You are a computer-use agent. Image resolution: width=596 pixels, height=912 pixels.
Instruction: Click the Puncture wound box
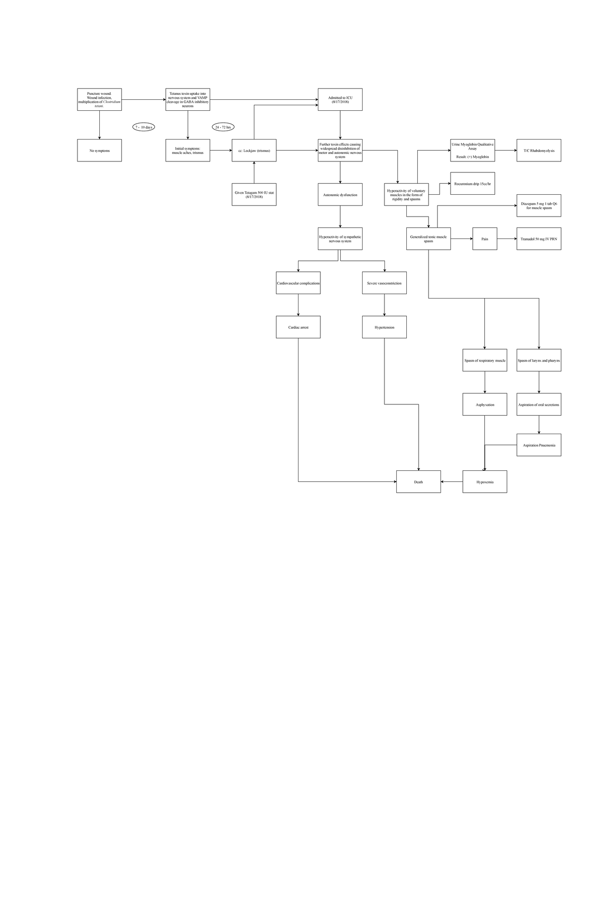pos(99,99)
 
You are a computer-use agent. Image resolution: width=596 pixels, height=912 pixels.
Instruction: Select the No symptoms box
pos(99,151)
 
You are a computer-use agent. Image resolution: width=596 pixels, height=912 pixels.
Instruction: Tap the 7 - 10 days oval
pos(144,127)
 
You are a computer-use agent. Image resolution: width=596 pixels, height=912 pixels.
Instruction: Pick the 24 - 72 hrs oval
pos(223,127)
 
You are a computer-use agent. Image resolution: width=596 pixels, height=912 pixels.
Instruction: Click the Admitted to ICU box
pos(340,99)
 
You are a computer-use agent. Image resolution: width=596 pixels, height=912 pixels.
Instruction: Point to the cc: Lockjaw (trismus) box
pos(254,151)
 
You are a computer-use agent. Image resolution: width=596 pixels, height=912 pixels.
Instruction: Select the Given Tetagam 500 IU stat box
pos(254,195)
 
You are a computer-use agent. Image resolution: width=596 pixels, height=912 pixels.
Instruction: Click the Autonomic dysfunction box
pos(340,195)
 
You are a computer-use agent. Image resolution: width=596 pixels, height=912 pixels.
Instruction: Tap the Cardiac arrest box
pos(298,327)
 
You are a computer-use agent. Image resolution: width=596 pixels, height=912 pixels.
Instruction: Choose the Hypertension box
pos(384,327)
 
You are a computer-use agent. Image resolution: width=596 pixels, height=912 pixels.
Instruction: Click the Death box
pos(419,482)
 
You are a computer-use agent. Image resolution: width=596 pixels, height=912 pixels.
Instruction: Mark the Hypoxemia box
pos(485,482)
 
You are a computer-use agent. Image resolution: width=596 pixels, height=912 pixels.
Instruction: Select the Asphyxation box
pos(485,405)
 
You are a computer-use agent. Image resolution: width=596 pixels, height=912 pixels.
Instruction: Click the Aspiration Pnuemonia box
pos(539,445)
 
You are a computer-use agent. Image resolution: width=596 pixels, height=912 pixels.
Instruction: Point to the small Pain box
pos(485,239)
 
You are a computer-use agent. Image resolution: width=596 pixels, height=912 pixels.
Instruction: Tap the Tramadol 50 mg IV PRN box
pos(539,239)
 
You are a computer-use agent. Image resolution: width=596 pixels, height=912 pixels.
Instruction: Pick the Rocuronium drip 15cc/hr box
pos(472,184)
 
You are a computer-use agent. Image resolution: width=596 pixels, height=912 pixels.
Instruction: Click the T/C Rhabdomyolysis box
pos(539,151)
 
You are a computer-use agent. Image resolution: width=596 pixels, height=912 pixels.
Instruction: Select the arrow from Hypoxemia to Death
pos(452,482)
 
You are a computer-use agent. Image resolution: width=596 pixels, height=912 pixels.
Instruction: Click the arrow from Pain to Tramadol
pos(507,239)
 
